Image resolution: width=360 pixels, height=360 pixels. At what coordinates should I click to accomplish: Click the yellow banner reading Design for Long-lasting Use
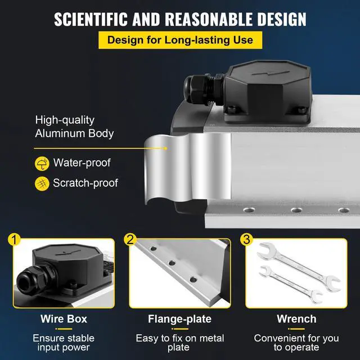(x=180, y=40)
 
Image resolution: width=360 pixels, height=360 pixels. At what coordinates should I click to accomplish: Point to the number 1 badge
(x=16, y=240)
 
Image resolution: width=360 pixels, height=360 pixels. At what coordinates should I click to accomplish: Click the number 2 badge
(x=130, y=240)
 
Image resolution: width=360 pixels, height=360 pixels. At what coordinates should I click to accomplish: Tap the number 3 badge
(x=245, y=240)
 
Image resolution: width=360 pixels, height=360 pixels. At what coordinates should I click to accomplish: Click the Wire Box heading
(x=64, y=319)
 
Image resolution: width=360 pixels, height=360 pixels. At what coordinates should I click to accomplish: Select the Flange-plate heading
(x=179, y=319)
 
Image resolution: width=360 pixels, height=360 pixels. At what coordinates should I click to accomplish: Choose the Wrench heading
(x=296, y=319)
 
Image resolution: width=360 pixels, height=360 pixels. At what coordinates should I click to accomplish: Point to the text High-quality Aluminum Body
(x=74, y=127)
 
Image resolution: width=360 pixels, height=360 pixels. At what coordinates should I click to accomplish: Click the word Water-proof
(x=82, y=164)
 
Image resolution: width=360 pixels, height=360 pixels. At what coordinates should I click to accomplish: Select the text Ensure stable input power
(x=64, y=343)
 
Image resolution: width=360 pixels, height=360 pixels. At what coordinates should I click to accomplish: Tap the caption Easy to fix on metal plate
(x=179, y=343)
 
